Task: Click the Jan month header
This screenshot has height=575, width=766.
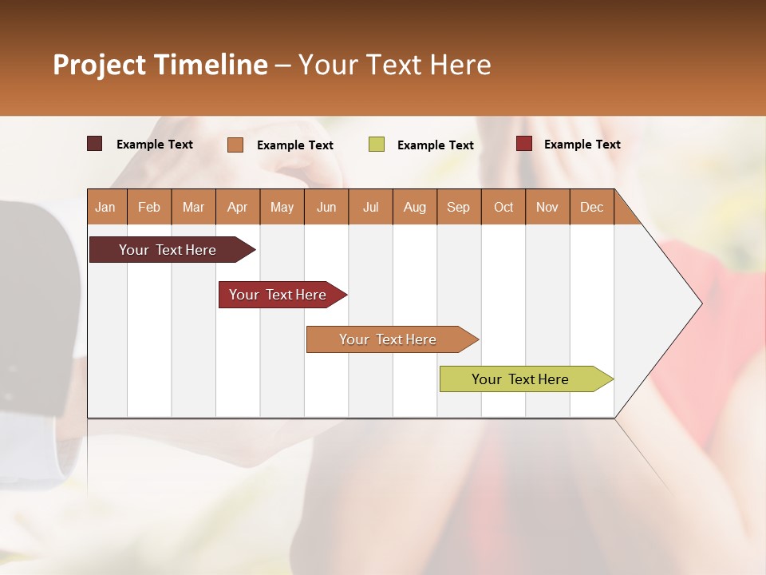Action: (105, 208)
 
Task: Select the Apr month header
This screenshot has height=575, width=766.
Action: (237, 208)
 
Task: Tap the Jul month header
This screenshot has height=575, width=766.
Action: (370, 208)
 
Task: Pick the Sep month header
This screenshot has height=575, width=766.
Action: (458, 208)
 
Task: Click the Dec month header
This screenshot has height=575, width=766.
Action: (591, 208)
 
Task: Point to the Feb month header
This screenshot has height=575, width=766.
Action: (149, 208)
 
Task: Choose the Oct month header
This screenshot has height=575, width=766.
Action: (503, 208)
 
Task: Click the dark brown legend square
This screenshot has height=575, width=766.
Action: (94, 144)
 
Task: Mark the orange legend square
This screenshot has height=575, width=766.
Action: (235, 145)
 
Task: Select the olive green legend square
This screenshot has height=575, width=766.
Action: (376, 145)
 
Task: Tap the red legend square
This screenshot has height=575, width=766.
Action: (523, 144)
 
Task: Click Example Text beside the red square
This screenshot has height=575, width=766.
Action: (582, 145)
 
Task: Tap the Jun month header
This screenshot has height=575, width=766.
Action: (326, 208)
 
